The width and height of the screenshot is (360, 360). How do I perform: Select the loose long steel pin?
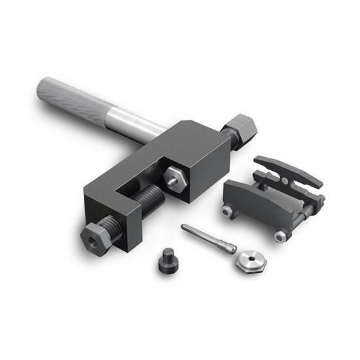click(206, 238)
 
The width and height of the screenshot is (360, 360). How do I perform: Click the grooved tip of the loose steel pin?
click(229, 248)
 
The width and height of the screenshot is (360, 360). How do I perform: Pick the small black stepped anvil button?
click(168, 262)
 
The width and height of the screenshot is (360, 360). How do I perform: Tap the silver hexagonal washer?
click(251, 262)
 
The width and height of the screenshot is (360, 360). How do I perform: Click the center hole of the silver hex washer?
click(251, 260)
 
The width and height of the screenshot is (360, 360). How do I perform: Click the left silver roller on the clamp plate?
click(228, 211)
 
